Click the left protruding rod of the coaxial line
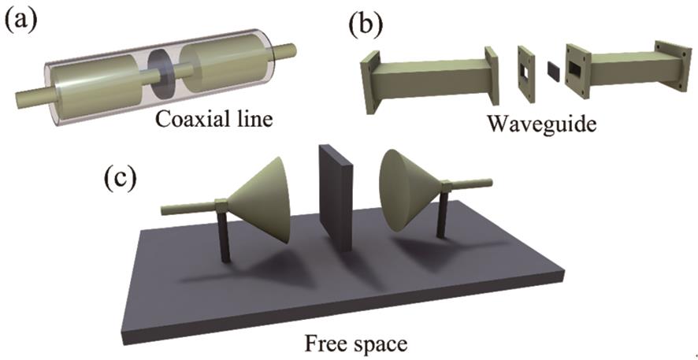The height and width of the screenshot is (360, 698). point(31,95)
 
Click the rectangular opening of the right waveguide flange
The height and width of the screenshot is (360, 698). point(577,72)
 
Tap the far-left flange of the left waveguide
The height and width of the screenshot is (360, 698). point(370,82)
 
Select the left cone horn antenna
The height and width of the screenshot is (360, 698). point(263,202)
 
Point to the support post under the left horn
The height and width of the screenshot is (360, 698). point(225,235)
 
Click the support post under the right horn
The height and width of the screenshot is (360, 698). point(442,213)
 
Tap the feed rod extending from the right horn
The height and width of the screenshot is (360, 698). point(473,184)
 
